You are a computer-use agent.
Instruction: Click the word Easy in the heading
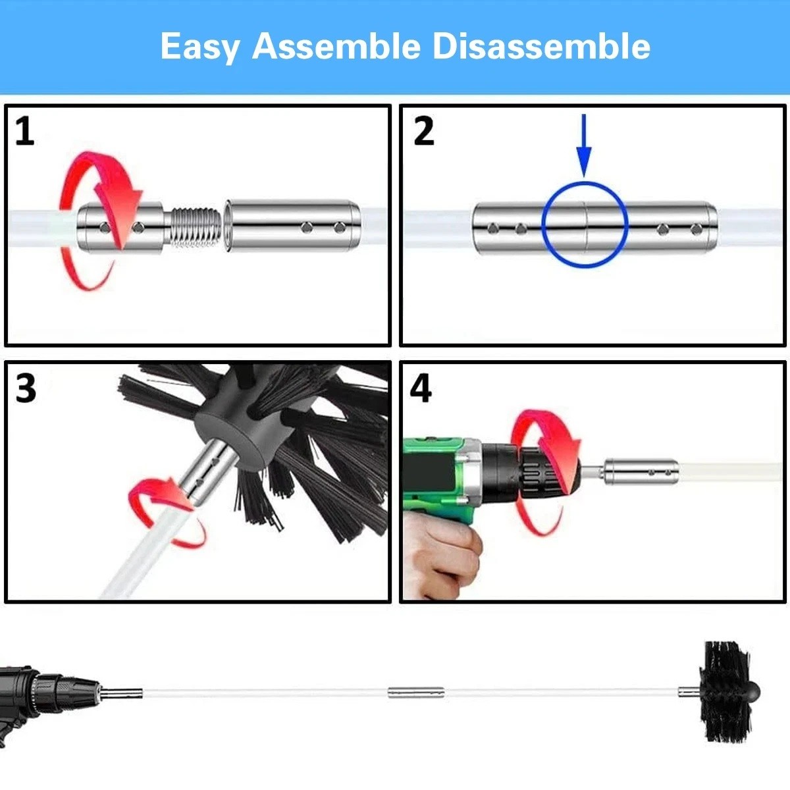click(x=199, y=47)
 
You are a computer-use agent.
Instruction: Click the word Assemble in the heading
click(x=336, y=45)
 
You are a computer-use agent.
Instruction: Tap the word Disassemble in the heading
click(x=541, y=45)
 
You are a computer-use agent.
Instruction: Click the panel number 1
click(x=24, y=131)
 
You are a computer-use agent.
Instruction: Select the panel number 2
click(x=423, y=131)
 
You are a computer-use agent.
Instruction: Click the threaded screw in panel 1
click(x=193, y=226)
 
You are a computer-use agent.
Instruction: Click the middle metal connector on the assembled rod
click(x=415, y=693)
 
